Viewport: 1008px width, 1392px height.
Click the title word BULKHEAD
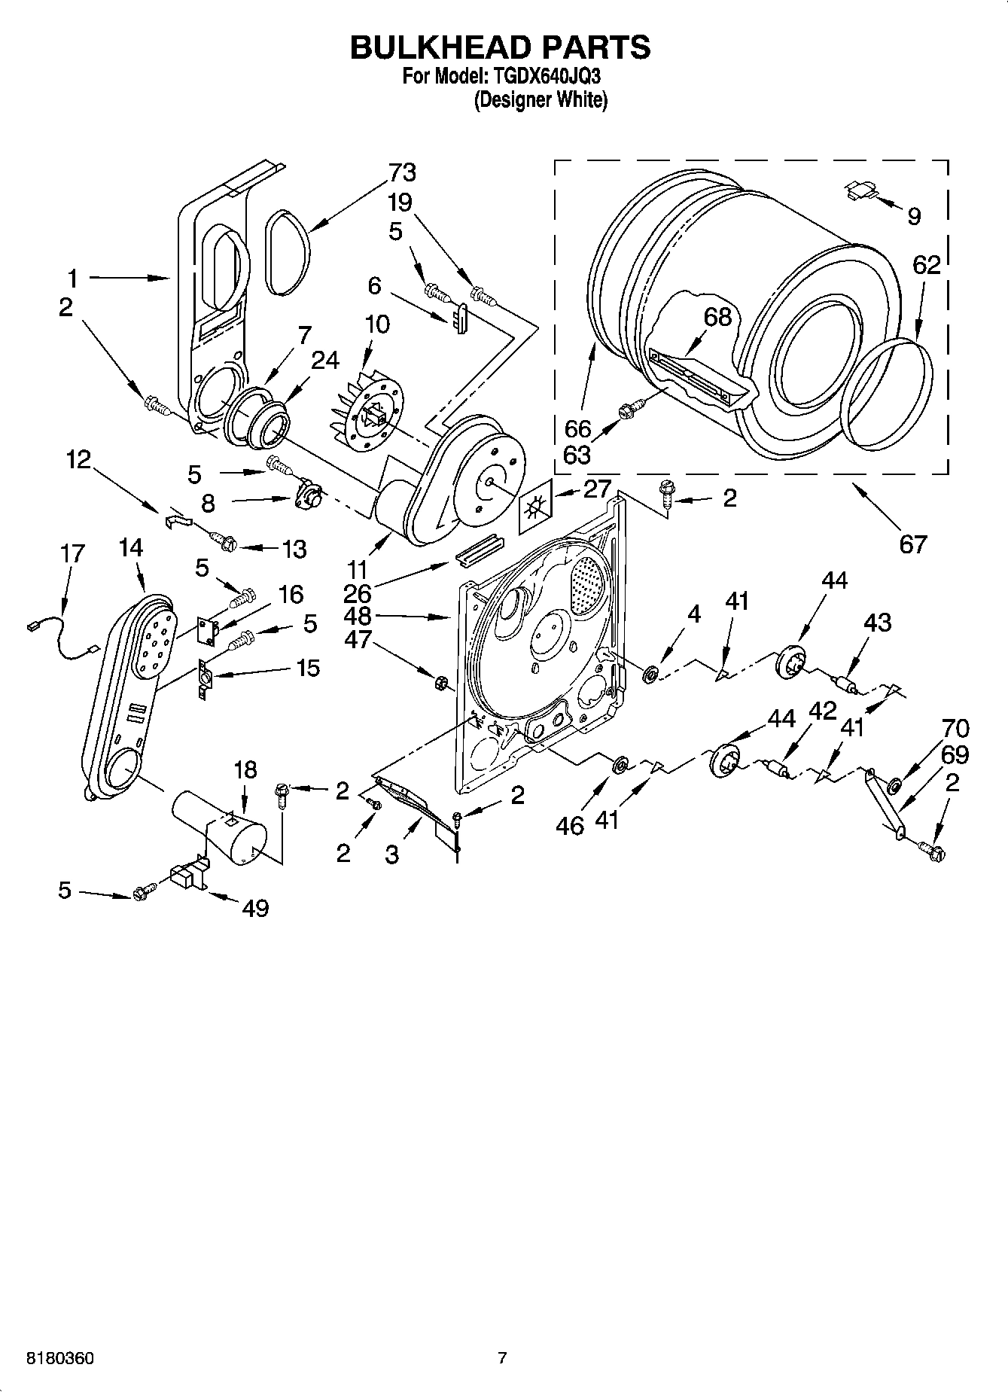[x=434, y=47]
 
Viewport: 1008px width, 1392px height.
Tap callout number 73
[x=402, y=172]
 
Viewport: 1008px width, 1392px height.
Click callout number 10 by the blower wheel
[x=376, y=324]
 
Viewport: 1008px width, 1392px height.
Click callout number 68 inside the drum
[x=717, y=316]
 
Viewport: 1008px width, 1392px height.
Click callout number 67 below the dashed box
[x=912, y=544]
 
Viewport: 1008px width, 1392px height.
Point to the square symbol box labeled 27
[x=535, y=510]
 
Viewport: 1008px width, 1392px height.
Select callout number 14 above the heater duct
[x=130, y=547]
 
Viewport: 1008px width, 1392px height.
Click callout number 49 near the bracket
[x=256, y=908]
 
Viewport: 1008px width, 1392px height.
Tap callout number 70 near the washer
[x=955, y=728]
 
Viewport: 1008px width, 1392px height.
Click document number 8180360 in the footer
[x=60, y=1359]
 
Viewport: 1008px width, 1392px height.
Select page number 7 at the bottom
[x=502, y=1359]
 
